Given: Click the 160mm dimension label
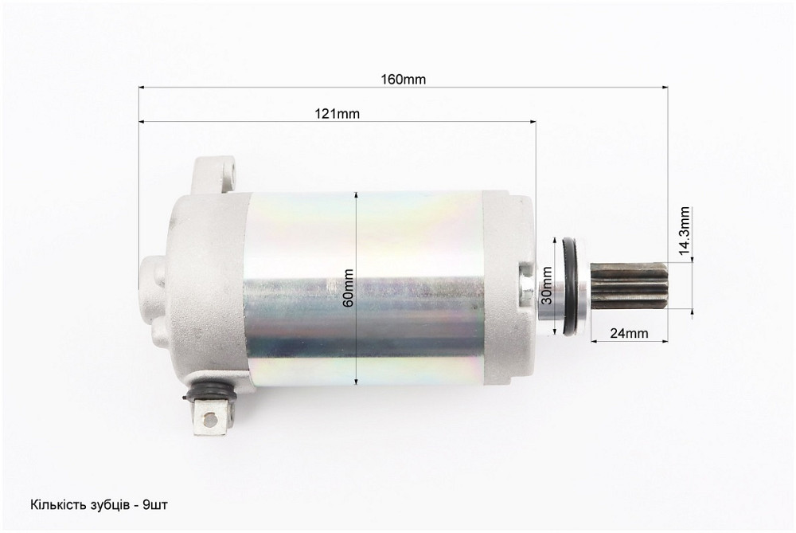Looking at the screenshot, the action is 403,79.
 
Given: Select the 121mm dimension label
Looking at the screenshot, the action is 337,114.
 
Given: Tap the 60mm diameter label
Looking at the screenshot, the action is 349,288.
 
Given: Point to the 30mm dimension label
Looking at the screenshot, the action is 546,285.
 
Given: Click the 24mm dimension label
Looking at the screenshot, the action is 629,333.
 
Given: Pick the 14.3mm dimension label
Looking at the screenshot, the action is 684,230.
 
